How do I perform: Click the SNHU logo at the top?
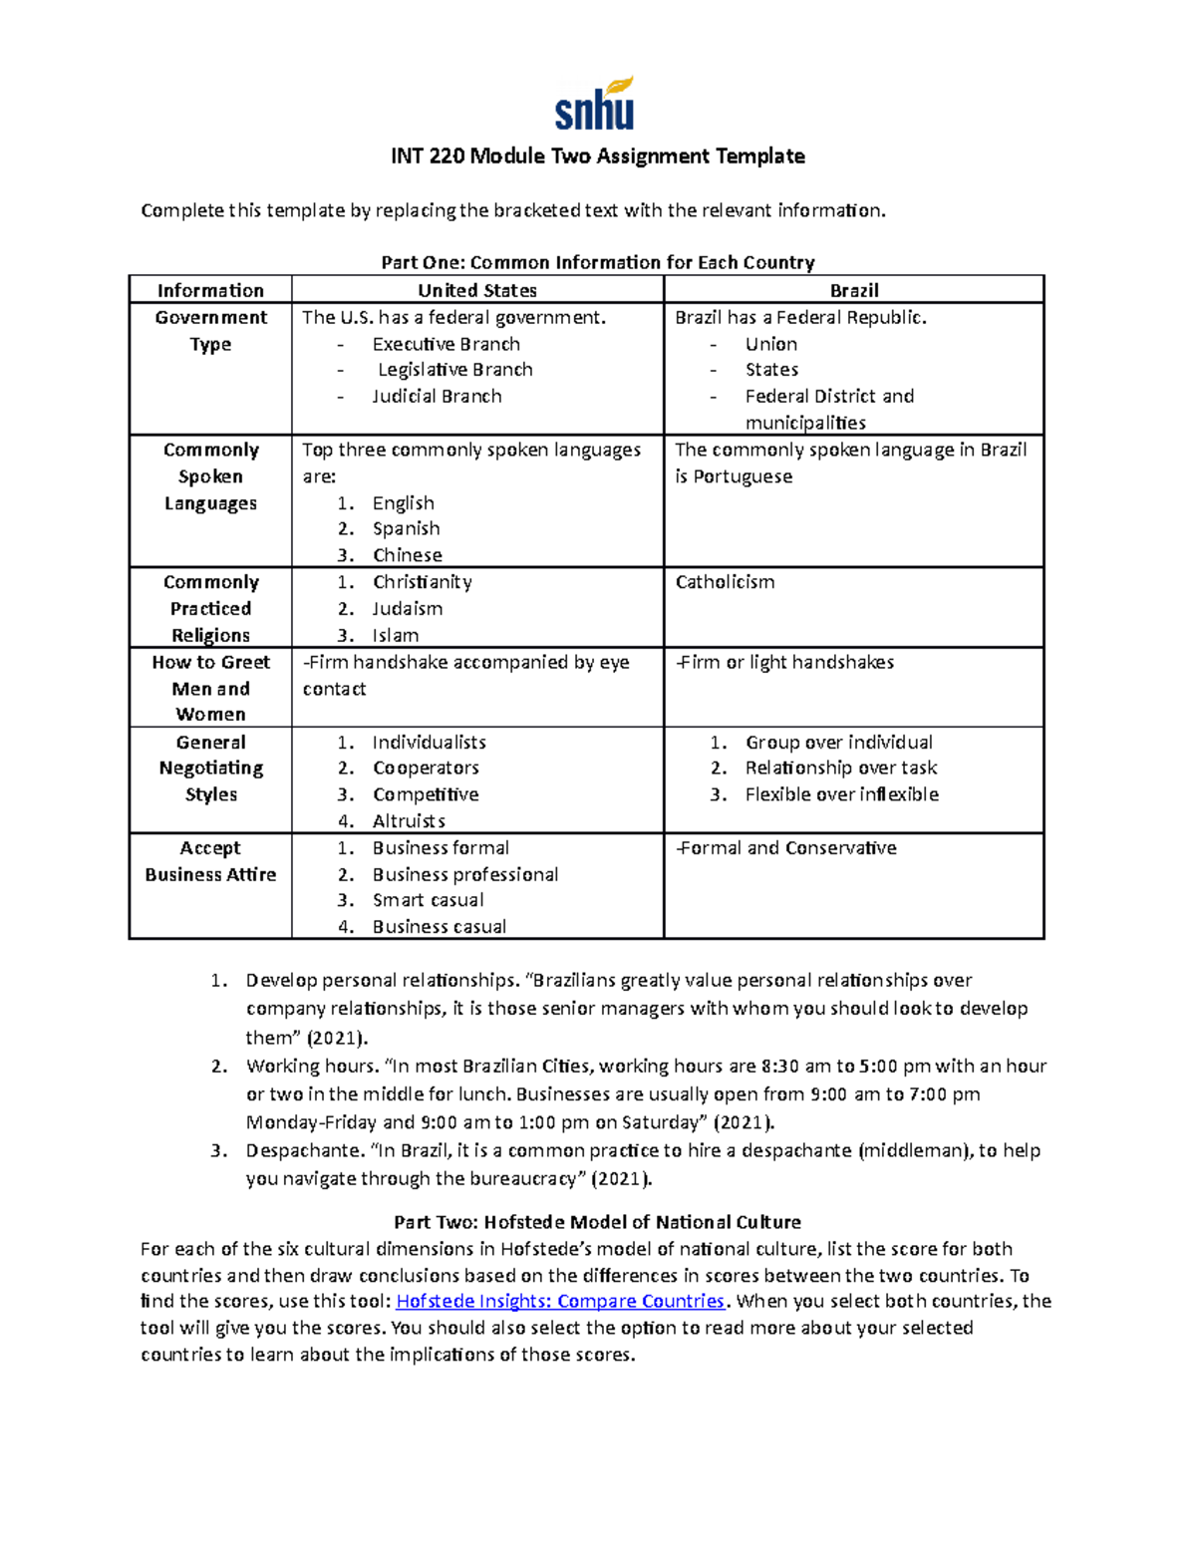click(595, 105)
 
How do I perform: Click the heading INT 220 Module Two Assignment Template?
click(597, 156)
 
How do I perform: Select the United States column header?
click(476, 290)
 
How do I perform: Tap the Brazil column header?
click(853, 290)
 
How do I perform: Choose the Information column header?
click(210, 290)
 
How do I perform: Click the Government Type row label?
click(210, 331)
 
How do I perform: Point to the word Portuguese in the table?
click(743, 476)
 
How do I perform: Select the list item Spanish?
click(406, 528)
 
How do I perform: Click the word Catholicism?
click(725, 582)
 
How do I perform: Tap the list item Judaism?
click(407, 608)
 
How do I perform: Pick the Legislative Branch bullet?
click(454, 370)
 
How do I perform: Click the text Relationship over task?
click(840, 768)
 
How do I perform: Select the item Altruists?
click(409, 821)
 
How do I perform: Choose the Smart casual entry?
click(428, 900)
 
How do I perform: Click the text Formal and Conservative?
click(786, 848)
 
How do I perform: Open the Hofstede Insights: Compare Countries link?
click(560, 1301)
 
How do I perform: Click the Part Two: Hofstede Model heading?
click(597, 1222)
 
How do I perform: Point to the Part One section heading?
click(597, 263)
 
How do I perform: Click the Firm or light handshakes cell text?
click(785, 662)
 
